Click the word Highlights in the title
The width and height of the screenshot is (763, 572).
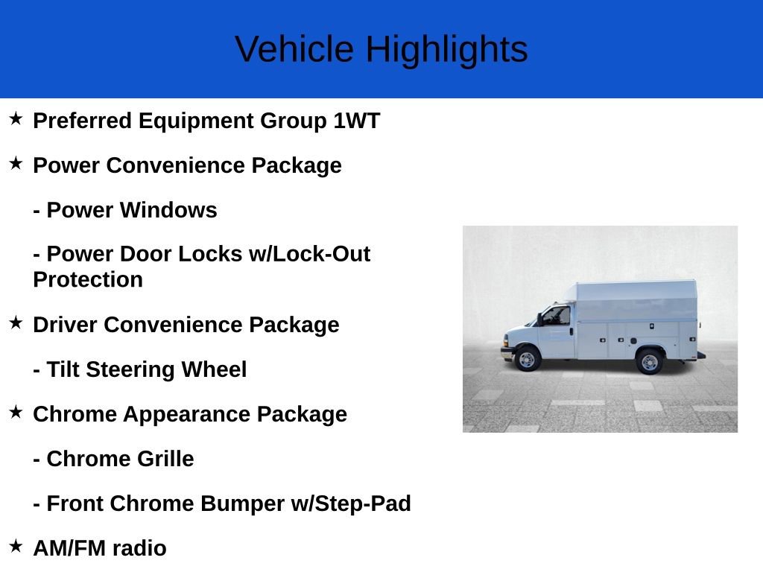(446, 50)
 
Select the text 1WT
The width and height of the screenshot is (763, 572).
(356, 121)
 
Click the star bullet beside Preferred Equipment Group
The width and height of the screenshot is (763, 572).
(16, 118)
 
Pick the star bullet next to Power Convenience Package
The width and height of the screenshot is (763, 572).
(16, 163)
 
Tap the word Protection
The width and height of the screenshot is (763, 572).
(88, 280)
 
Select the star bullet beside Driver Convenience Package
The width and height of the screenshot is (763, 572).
(16, 322)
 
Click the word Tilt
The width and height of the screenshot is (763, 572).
(63, 369)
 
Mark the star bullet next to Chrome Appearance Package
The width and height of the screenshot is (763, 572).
(16, 412)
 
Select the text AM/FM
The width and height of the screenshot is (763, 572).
(70, 548)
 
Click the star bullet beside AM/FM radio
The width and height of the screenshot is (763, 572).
(16, 546)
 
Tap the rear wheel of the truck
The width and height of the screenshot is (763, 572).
(649, 361)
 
